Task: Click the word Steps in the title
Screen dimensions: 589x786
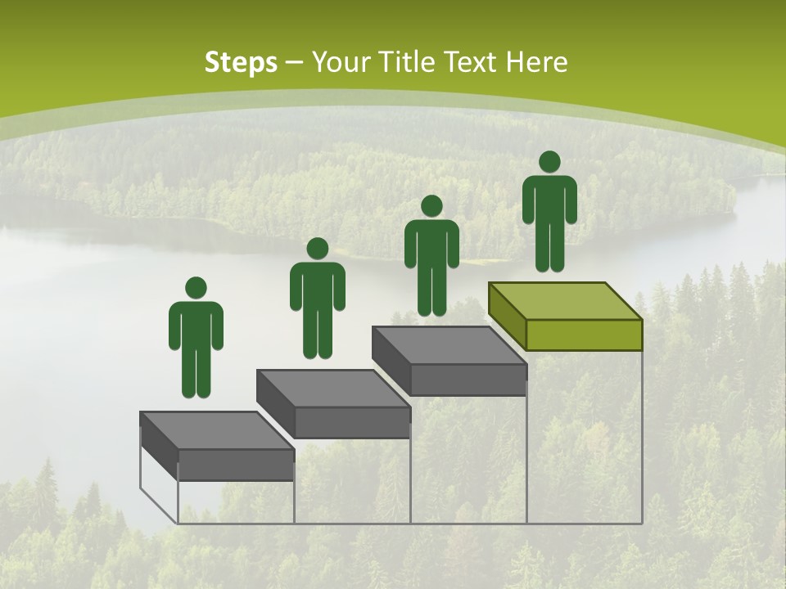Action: (x=241, y=62)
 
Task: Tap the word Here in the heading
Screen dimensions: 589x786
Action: (x=536, y=62)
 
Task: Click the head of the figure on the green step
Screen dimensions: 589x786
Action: (x=549, y=162)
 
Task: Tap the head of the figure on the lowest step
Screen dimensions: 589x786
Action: (x=196, y=288)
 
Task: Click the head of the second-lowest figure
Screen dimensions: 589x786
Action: (x=317, y=249)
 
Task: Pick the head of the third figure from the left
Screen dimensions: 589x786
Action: (x=431, y=206)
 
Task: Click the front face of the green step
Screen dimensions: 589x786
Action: (x=584, y=335)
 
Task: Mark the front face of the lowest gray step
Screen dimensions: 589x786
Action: (x=236, y=465)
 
